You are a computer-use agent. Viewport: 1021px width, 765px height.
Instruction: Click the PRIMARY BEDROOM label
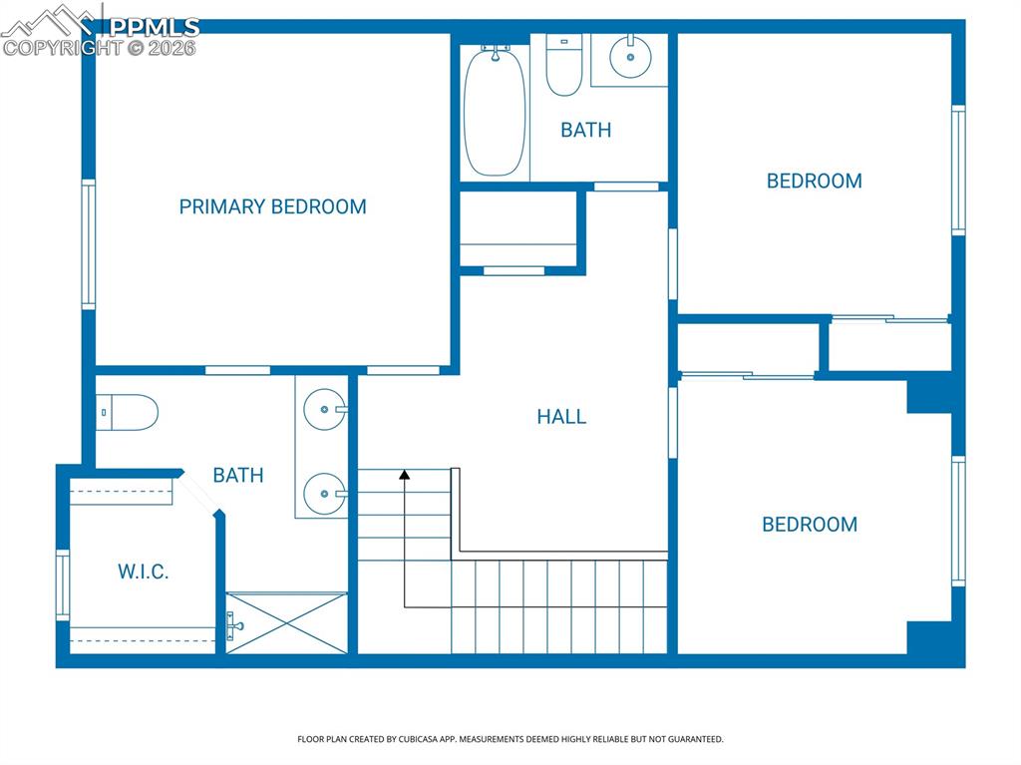pos(272,206)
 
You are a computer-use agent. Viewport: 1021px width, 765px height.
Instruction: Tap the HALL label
pos(561,417)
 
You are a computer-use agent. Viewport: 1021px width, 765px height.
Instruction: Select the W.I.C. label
pos(144,572)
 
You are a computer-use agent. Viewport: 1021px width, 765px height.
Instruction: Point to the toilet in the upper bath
pos(564,67)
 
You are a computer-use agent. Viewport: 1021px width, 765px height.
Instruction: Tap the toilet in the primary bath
pos(129,411)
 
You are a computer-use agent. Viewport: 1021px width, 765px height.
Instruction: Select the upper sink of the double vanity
pos(324,409)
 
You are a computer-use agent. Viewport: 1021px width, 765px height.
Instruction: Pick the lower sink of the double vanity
pos(324,492)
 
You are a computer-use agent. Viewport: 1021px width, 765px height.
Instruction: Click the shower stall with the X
pos(287,623)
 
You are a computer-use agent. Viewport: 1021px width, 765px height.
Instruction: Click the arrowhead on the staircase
pos(404,476)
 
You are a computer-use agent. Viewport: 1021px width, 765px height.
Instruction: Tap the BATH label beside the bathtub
pos(585,130)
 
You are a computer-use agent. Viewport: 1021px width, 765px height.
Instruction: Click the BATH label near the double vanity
pos(238,475)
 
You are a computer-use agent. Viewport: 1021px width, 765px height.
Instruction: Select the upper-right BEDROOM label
pos(814,181)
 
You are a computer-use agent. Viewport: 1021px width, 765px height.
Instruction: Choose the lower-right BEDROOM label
pos(810,525)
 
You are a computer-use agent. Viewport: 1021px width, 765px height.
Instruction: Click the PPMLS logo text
pos(154,27)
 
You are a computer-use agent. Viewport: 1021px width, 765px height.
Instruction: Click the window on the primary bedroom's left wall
pos(89,244)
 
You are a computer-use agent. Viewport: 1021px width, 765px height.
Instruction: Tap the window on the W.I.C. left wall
pos(63,584)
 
